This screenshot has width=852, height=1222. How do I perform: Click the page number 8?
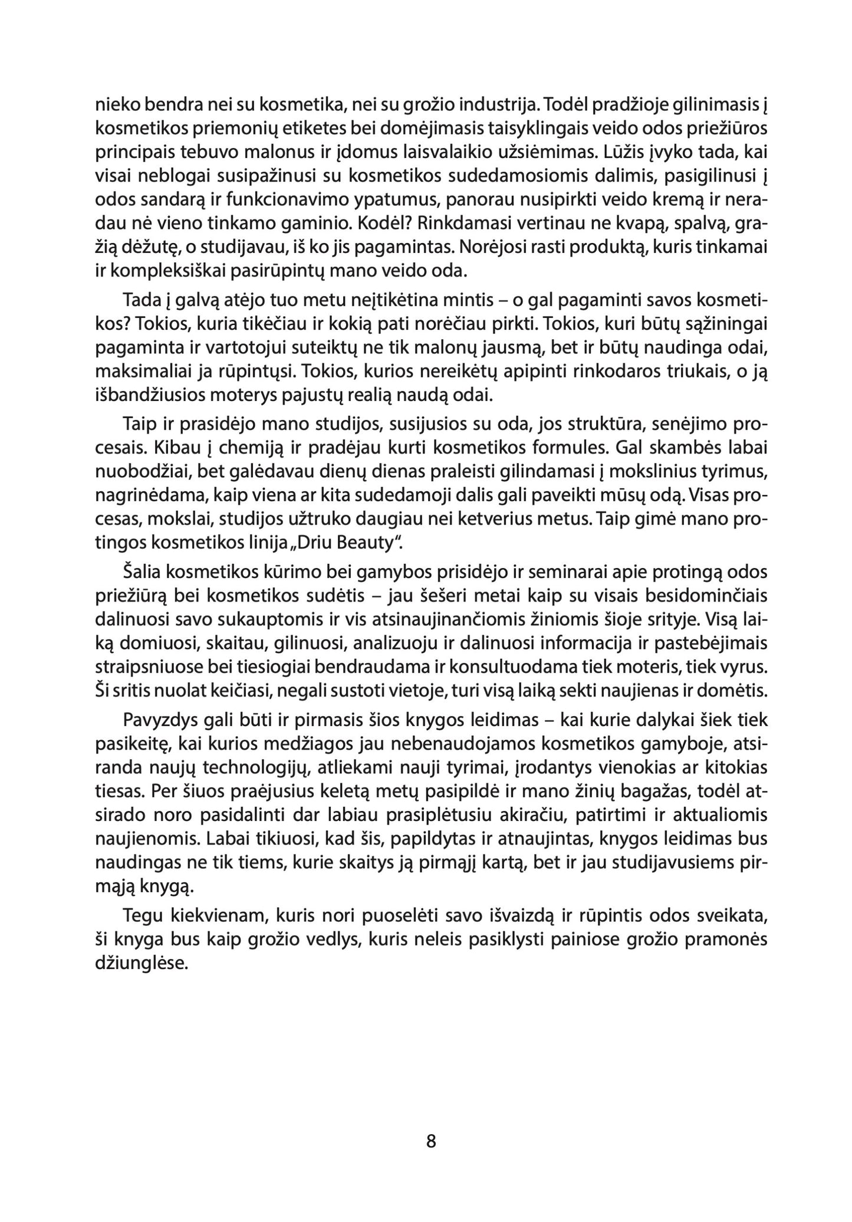point(430,1142)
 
